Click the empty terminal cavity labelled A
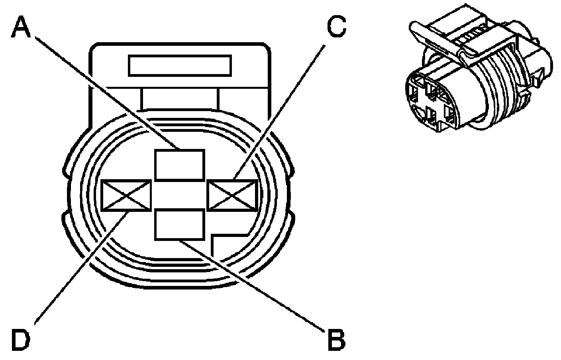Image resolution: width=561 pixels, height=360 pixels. tap(179, 164)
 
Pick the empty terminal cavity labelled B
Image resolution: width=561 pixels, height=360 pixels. tap(179, 225)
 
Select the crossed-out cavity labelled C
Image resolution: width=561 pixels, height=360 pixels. tap(233, 195)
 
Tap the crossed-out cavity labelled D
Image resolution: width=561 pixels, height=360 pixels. tap(126, 195)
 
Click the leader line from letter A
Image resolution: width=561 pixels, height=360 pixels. tap(100, 88)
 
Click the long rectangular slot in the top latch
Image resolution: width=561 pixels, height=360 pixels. tap(180, 66)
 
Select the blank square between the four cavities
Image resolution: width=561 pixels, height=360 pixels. tap(179, 195)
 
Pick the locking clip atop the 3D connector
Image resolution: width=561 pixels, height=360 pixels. tap(458, 40)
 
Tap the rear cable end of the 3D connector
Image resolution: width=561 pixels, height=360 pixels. tap(534, 60)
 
